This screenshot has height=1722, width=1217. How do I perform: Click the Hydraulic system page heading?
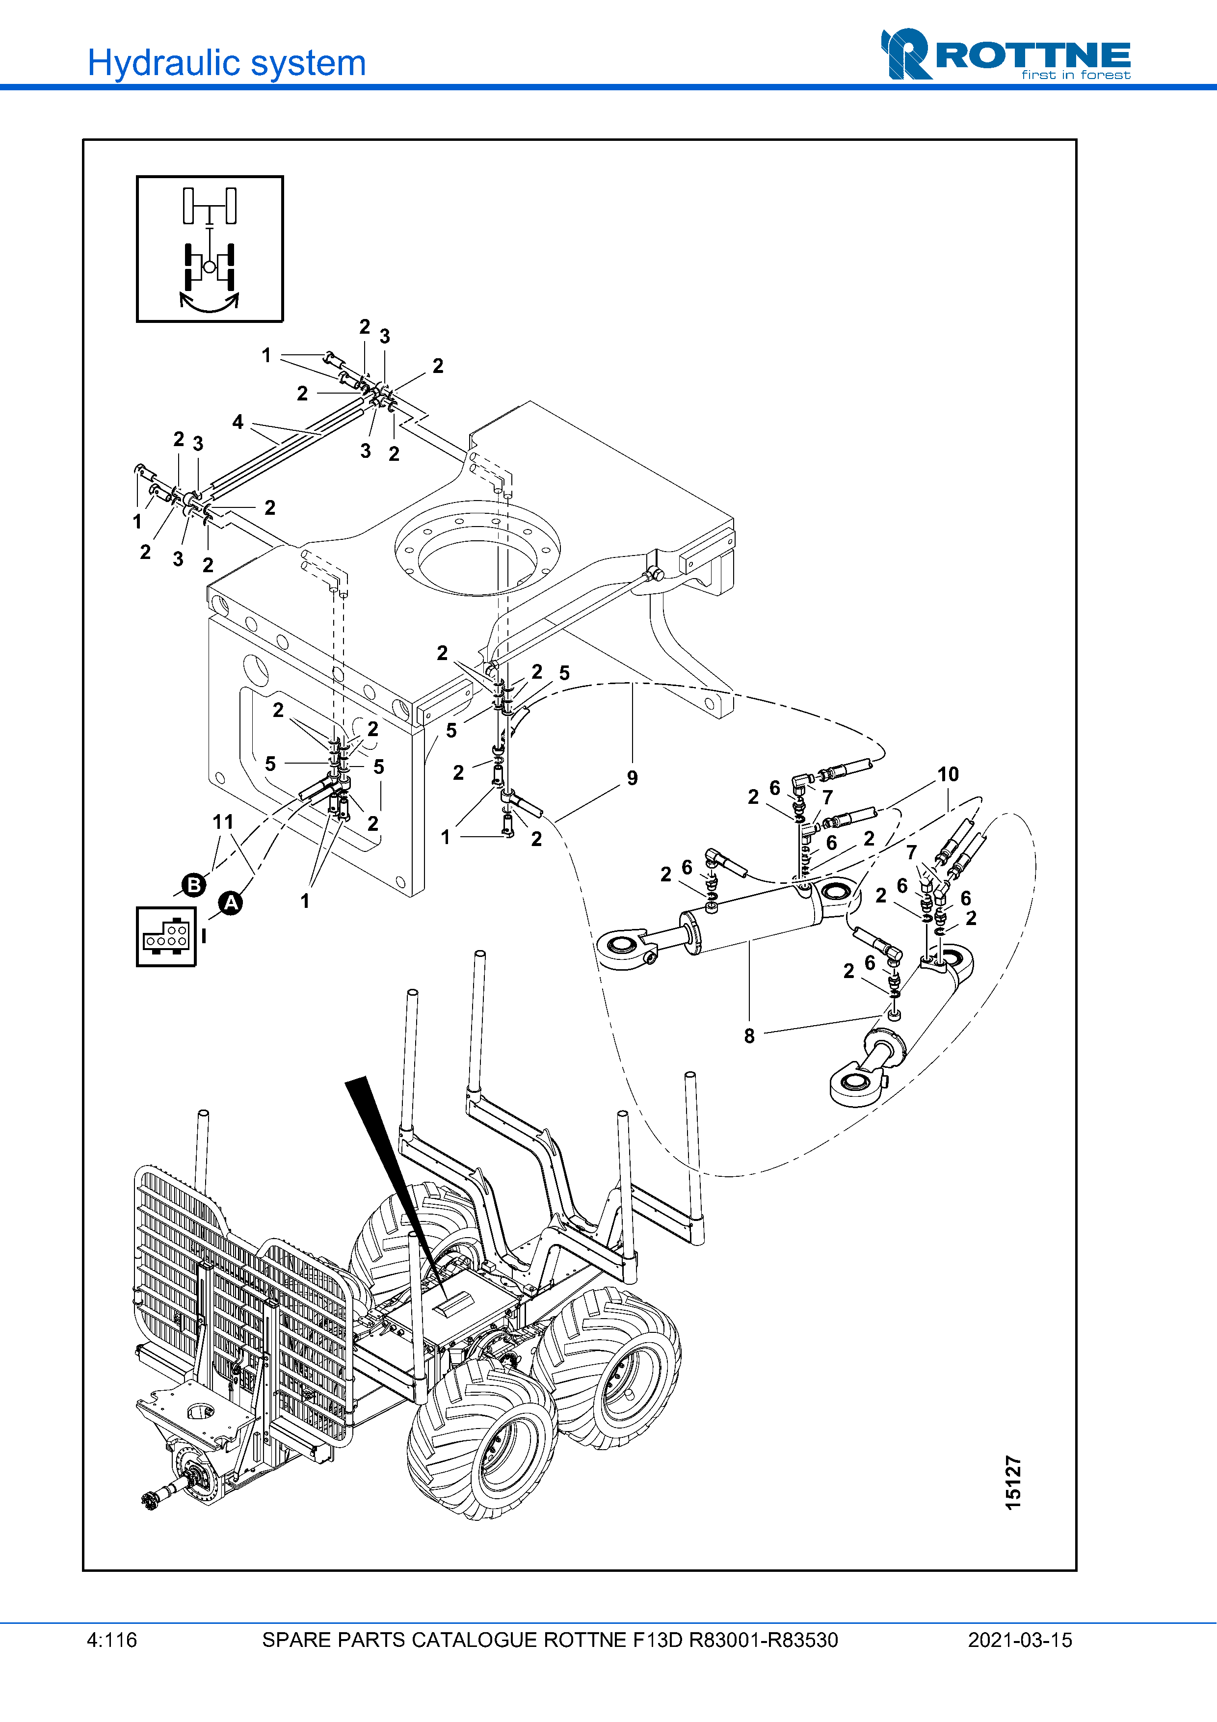(226, 63)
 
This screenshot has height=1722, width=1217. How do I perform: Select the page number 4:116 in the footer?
(112, 1640)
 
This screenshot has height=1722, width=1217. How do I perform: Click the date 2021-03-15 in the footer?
(1020, 1640)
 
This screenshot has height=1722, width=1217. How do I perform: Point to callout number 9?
(632, 778)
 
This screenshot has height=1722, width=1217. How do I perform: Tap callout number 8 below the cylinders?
(749, 1036)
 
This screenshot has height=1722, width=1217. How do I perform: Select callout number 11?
(223, 822)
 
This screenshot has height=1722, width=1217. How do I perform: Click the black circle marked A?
(231, 902)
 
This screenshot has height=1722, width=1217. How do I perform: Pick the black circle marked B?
(193, 884)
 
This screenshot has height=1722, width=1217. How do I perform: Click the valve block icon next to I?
(166, 937)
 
